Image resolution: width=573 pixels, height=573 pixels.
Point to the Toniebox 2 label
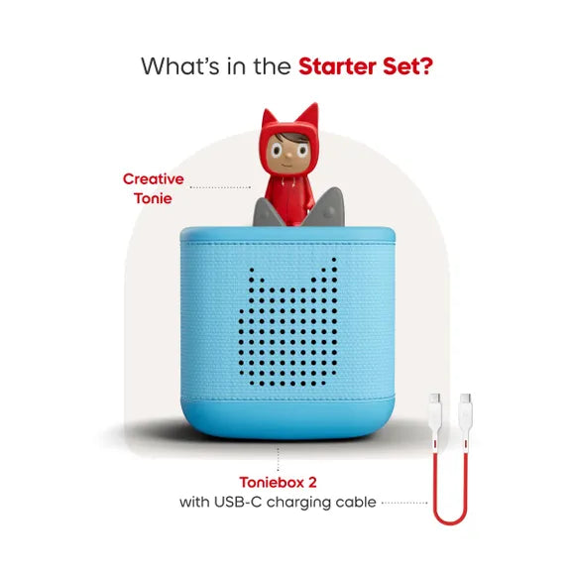tap(278, 483)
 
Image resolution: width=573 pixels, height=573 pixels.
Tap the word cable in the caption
tap(356, 503)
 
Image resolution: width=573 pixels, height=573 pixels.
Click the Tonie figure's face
tap(283, 151)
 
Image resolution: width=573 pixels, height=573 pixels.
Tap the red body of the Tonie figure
tap(287, 198)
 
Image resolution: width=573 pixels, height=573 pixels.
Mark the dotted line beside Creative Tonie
tap(220, 187)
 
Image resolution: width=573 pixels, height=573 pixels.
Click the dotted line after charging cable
tap(403, 503)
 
